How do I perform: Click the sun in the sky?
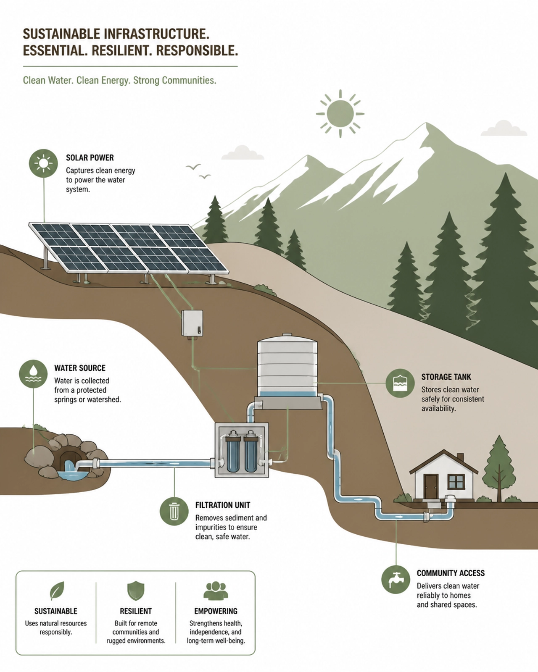click(x=340, y=114)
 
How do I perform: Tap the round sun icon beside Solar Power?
click(x=43, y=163)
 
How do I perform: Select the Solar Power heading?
click(x=90, y=157)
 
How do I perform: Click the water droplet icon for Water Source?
click(x=34, y=374)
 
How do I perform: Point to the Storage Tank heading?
click(x=446, y=377)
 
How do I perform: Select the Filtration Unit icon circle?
click(x=174, y=511)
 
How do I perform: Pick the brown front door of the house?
click(x=431, y=487)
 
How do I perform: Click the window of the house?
click(x=456, y=482)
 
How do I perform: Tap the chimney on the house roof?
click(x=460, y=457)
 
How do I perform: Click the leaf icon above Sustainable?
click(x=57, y=591)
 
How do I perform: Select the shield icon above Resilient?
click(x=136, y=591)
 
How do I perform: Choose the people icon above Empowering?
click(x=216, y=591)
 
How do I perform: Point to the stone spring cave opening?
click(x=70, y=459)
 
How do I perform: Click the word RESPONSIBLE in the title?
click(x=197, y=50)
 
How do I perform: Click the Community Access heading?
click(x=451, y=573)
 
